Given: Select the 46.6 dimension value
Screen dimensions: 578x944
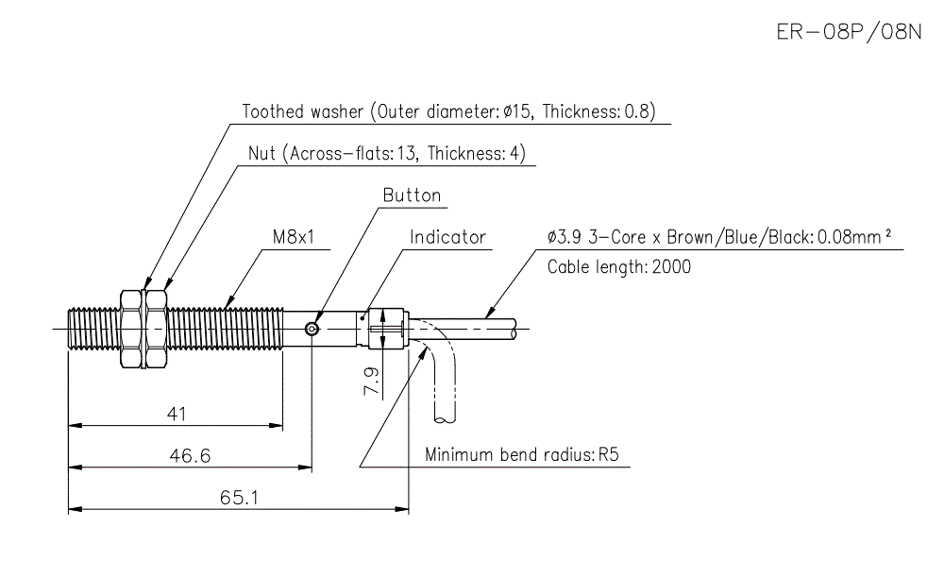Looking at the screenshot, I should (x=190, y=455).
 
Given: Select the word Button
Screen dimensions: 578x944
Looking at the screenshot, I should (x=412, y=195).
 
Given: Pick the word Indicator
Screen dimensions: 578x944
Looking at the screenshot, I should (x=447, y=237).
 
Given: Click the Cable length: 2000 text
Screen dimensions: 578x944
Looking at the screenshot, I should (x=618, y=266).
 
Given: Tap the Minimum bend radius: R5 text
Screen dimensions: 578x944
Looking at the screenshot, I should (x=521, y=454).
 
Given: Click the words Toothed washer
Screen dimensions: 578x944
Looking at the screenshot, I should (x=302, y=111).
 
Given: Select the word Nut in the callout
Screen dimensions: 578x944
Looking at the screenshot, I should (x=261, y=153).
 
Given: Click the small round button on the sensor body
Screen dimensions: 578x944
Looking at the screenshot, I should (x=312, y=329).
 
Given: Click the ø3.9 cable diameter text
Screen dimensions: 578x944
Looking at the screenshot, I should (x=565, y=237).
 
